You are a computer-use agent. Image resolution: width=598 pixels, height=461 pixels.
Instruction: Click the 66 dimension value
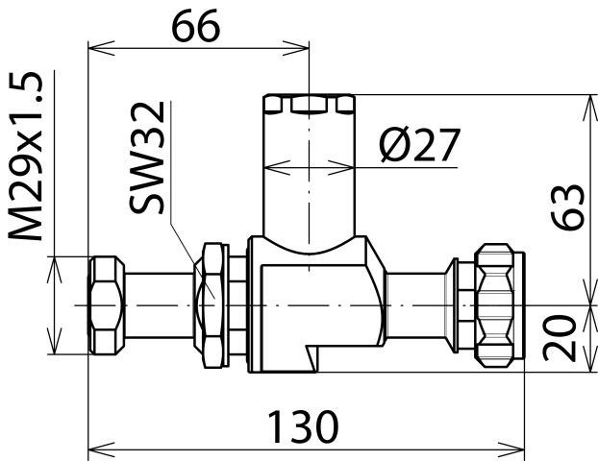pyautogui.click(x=195, y=26)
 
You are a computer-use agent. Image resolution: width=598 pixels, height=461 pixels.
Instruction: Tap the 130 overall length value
pyautogui.click(x=303, y=426)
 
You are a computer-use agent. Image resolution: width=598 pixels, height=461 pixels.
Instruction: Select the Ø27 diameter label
pyautogui.click(x=420, y=144)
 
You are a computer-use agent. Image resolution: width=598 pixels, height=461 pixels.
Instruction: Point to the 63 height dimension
pyautogui.click(x=567, y=206)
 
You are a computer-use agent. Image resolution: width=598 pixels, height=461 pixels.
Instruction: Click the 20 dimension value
pyautogui.click(x=560, y=338)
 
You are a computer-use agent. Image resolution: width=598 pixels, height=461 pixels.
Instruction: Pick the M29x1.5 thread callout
pyautogui.click(x=26, y=157)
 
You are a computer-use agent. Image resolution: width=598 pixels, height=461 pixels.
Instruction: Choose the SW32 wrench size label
pyautogui.click(x=147, y=157)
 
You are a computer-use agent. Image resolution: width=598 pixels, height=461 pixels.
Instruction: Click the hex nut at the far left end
pyautogui.click(x=107, y=305)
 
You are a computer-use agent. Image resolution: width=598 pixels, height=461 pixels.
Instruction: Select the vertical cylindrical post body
pyautogui.click(x=309, y=173)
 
